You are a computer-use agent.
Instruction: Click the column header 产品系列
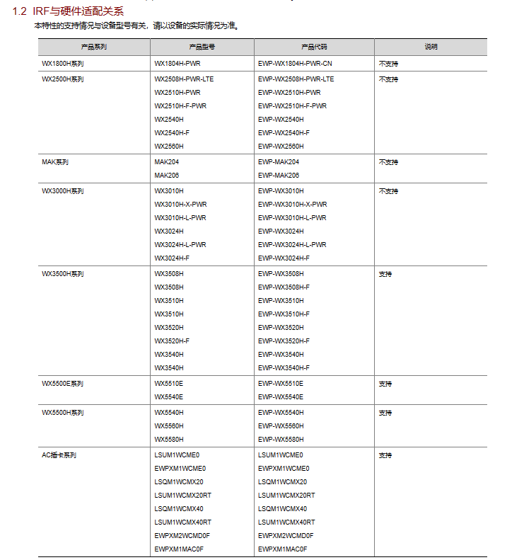(94, 47)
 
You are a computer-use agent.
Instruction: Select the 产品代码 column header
(314, 47)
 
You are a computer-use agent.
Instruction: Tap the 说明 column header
(431, 47)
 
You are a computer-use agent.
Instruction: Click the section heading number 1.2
(20, 11)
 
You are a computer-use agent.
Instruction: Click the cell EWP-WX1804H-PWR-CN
(295, 64)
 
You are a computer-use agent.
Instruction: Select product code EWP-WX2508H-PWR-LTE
(296, 79)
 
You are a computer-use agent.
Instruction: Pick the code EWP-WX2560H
(281, 147)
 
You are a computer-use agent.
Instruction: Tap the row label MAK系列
(55, 162)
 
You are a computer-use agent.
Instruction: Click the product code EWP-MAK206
(279, 176)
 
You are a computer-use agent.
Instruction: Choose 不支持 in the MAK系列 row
(388, 162)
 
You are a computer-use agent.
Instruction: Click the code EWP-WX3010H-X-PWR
(293, 205)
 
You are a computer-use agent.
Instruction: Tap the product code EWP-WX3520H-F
(284, 341)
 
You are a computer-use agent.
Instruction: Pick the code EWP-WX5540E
(281, 397)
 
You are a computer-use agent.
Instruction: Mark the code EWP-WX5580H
(281, 440)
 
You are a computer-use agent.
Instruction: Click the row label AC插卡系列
(59, 455)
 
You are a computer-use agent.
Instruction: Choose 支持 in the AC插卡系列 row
(385, 455)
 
